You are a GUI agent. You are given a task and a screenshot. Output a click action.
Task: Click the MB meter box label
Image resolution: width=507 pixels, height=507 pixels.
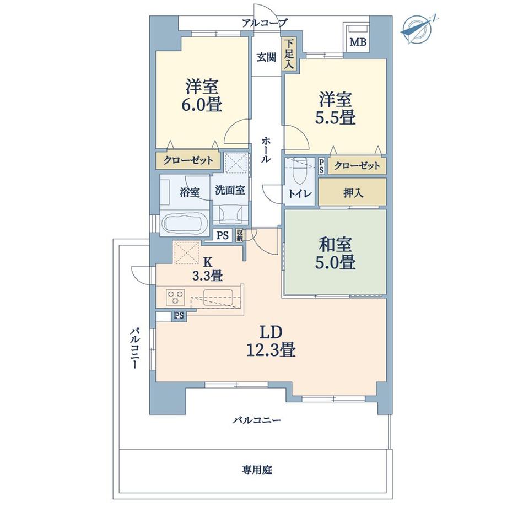(358, 42)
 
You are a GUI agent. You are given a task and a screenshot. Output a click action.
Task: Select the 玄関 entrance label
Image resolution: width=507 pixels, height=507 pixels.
(266, 57)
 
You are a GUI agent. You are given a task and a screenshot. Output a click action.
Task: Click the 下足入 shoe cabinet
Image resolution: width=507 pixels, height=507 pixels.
(289, 54)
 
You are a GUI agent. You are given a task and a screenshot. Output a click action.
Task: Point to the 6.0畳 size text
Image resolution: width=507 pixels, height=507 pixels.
(203, 104)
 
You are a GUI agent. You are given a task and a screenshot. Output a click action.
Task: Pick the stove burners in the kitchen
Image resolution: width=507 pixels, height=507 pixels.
(176, 298)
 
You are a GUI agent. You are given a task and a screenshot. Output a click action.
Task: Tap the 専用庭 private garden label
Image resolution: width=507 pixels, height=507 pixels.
(256, 470)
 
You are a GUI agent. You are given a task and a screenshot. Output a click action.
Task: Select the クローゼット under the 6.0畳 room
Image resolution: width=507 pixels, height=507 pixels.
(187, 160)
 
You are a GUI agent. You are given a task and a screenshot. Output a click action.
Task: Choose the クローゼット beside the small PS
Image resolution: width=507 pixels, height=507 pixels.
(357, 166)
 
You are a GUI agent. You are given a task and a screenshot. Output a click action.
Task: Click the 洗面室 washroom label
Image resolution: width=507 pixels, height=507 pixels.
(230, 191)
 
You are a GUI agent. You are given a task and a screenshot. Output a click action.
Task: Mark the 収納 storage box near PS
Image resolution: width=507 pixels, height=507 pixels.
(240, 235)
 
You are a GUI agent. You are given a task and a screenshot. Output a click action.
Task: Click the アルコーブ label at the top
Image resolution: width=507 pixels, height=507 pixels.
(265, 23)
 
